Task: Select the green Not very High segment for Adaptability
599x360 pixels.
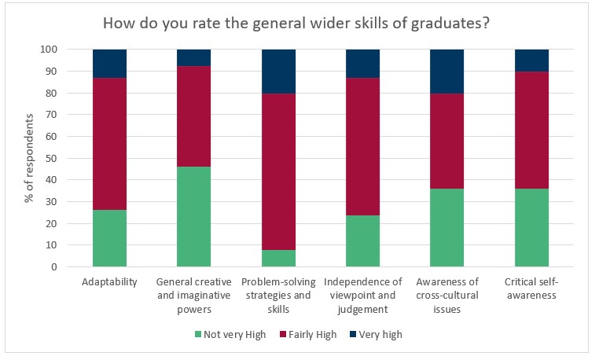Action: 109,238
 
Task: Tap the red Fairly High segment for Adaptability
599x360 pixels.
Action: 109,144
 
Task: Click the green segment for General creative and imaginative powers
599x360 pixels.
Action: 193,216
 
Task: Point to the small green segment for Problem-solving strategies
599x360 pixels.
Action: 278,259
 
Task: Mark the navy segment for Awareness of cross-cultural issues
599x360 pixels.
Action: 446,71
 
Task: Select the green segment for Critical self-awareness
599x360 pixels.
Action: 531,227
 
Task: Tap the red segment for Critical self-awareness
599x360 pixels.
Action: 531,130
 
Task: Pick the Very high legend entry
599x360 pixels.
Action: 378,334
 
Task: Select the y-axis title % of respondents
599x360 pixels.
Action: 29,158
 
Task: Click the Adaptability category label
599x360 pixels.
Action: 109,281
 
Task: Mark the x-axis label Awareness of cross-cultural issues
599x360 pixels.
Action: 446,295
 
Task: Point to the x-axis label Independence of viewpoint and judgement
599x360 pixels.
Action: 362,295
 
